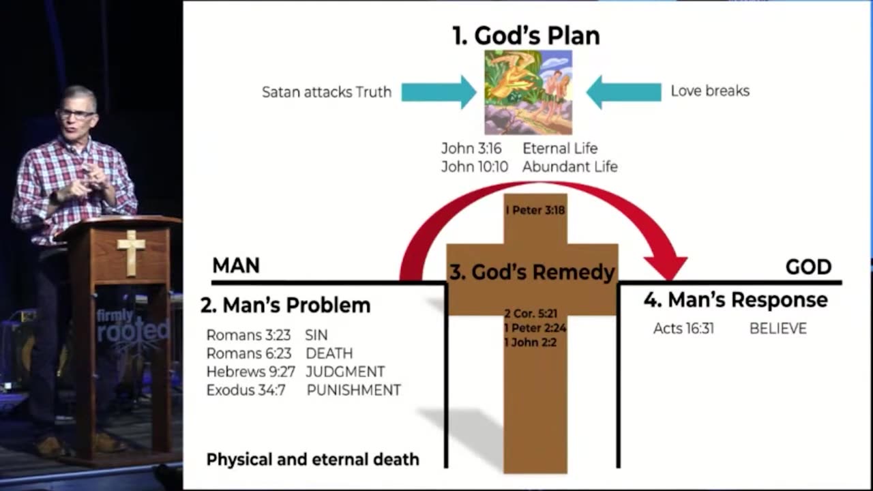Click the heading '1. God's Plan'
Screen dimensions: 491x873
(x=526, y=35)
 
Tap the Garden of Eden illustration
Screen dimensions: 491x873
(x=528, y=92)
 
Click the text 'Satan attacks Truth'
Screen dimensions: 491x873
(x=327, y=92)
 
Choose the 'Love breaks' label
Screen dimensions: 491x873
(x=710, y=91)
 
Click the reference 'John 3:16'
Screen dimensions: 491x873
(x=471, y=149)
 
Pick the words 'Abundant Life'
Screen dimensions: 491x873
(x=570, y=166)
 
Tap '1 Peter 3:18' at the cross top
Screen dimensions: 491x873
(x=535, y=210)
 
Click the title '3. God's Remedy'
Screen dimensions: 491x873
(x=532, y=272)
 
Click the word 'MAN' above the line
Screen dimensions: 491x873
(x=236, y=265)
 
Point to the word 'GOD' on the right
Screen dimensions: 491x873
(x=808, y=267)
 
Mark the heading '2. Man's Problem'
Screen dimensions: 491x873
(x=286, y=305)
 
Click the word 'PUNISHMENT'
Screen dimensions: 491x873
(x=353, y=390)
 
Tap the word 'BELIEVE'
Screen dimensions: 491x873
(x=778, y=329)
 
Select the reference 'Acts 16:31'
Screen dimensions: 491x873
(x=683, y=329)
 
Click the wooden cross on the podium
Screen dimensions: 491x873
(x=131, y=252)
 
